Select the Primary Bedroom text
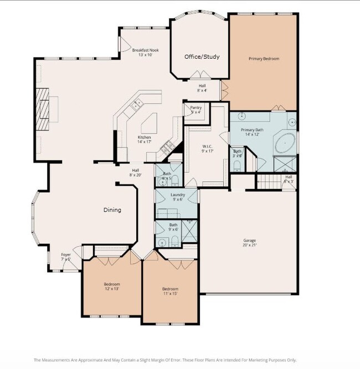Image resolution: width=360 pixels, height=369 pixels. (x=264, y=58)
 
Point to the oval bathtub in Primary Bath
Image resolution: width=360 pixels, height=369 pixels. (x=285, y=143)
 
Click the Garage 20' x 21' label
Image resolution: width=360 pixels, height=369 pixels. (x=249, y=242)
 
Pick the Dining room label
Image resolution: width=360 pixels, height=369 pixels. (x=112, y=210)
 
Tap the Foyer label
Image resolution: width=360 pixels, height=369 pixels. (x=66, y=257)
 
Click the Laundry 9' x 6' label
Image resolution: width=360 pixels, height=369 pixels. (x=178, y=197)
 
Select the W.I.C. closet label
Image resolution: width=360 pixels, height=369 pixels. (x=208, y=148)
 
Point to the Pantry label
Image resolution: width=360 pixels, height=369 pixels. (x=196, y=109)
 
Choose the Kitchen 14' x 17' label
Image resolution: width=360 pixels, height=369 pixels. (x=144, y=139)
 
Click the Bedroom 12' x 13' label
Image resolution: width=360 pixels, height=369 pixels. (x=112, y=286)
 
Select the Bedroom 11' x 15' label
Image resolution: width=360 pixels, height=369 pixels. (x=170, y=291)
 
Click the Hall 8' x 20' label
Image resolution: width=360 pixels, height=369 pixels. (x=135, y=172)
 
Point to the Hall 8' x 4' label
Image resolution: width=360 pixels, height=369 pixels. (x=202, y=88)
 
